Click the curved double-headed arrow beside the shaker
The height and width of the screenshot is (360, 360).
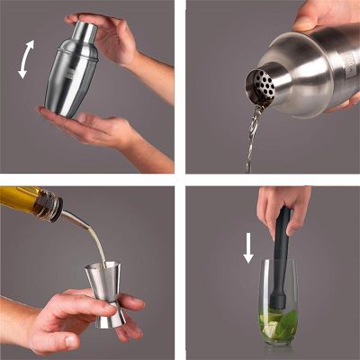pos(28,58)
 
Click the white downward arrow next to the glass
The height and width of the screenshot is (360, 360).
pos(249,247)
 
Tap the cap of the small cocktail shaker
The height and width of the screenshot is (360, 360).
pos(84,31)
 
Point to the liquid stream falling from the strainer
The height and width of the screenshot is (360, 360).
pos(252,135)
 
